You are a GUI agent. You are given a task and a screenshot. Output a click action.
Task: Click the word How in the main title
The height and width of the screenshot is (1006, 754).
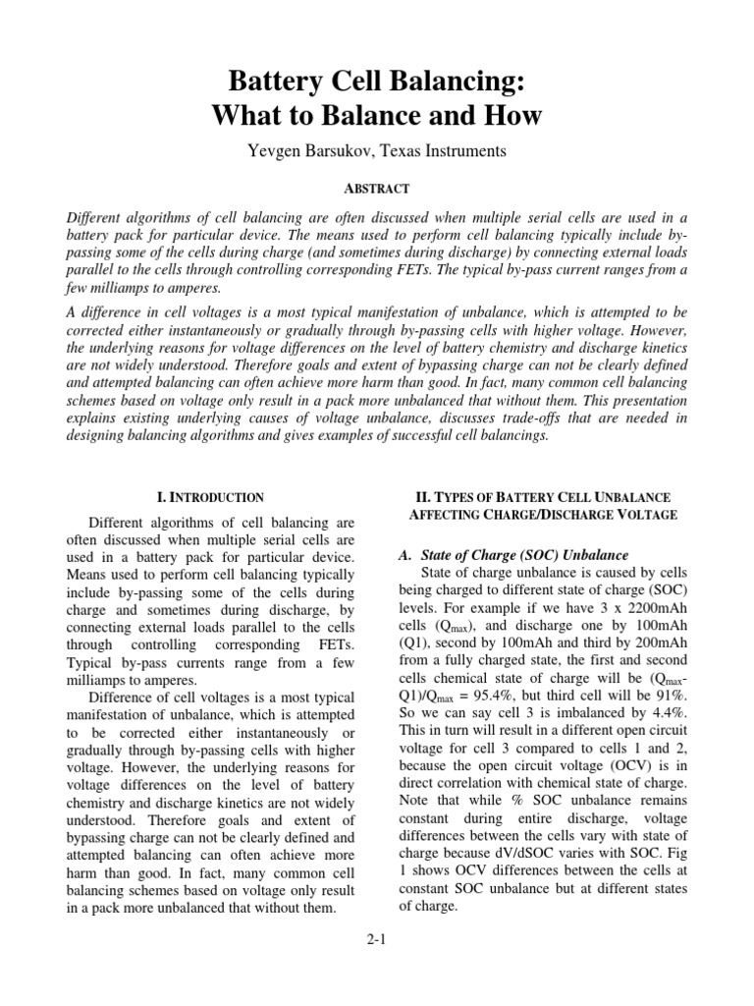(512, 115)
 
